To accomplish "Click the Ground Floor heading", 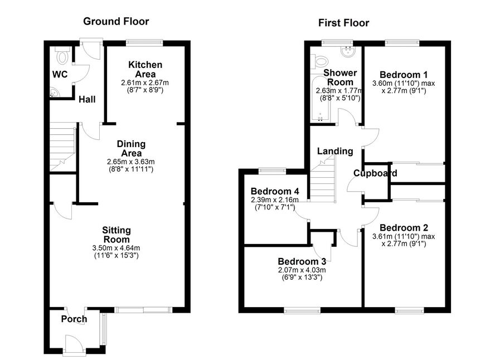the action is click(116, 21).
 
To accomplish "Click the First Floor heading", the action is click(343, 23).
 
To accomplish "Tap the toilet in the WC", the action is click(62, 56).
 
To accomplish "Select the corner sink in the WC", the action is click(54, 93).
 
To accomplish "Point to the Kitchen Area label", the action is click(145, 70).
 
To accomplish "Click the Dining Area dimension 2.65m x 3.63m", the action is click(130, 162).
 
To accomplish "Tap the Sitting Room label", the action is click(117, 235).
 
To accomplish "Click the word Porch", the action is click(74, 319).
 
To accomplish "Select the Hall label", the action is click(87, 99).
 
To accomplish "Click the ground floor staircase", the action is click(62, 147).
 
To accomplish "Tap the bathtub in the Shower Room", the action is click(321, 99).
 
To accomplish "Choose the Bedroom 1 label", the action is click(404, 75).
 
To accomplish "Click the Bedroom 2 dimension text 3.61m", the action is click(383, 236).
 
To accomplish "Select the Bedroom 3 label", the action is click(302, 261).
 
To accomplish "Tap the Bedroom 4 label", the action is click(275, 192).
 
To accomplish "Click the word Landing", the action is click(335, 151).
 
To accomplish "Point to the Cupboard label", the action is click(375, 173).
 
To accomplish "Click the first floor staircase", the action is click(322, 180).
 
